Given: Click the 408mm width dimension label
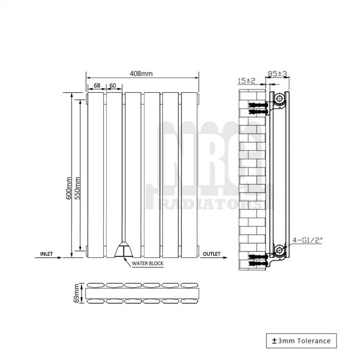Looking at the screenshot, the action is (141, 74).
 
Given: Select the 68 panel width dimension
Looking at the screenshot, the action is (97, 85).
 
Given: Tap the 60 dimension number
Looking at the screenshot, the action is (113, 85).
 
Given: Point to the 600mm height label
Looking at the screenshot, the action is (69, 188).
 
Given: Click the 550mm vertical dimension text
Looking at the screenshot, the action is (78, 188).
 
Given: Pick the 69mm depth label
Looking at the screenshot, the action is (77, 293).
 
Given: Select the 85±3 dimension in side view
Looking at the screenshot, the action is (277, 74).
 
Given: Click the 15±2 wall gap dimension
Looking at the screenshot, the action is (246, 81).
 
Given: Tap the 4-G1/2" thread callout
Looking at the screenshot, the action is (307, 240).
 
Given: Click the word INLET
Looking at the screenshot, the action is (47, 254).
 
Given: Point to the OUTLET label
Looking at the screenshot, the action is (212, 254).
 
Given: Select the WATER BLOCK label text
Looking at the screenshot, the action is (148, 264).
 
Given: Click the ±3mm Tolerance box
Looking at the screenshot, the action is (301, 341).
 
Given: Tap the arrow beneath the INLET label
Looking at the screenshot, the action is (48, 258).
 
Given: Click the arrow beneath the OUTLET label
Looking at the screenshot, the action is (214, 258).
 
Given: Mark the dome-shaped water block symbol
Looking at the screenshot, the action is (124, 249).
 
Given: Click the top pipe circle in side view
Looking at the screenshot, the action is (279, 99).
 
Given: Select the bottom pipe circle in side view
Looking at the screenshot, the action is (279, 250).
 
